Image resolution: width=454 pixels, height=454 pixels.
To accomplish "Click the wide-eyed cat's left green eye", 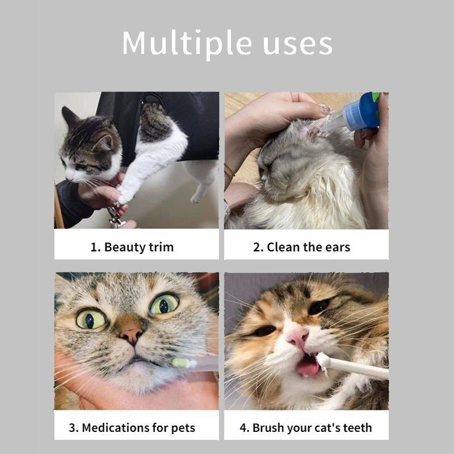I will (x=90, y=319).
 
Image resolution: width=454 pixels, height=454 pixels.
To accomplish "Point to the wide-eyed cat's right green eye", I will (x=164, y=304).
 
